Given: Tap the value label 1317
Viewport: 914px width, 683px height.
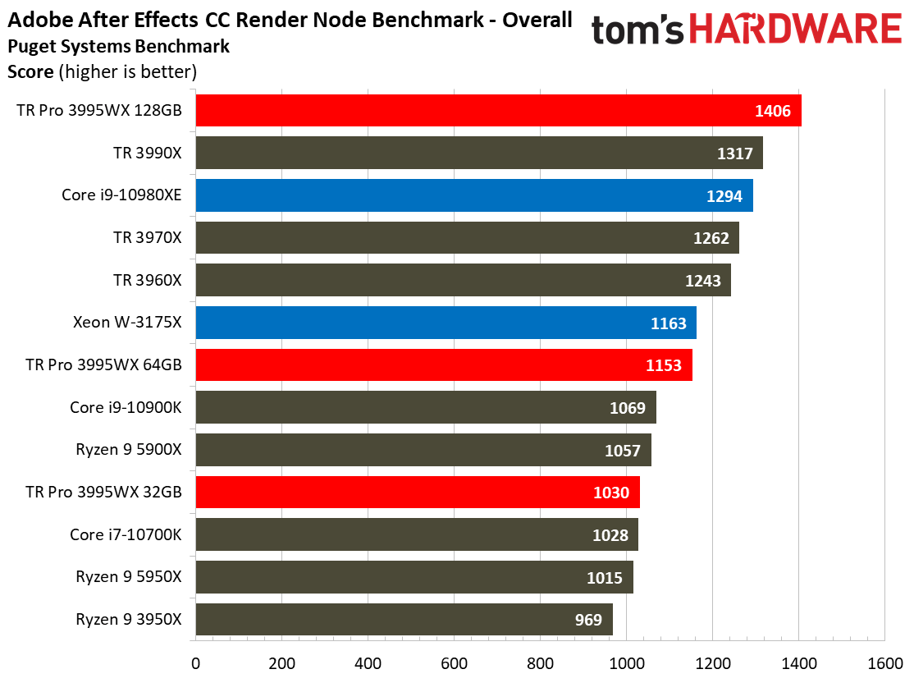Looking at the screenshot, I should (735, 154).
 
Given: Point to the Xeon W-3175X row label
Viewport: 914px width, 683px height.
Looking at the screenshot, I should (126, 323).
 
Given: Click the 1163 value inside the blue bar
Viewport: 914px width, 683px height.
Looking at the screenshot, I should (668, 323).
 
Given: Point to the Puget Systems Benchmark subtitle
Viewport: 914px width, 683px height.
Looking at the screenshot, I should (118, 47).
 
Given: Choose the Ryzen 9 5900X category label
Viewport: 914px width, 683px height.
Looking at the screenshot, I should (128, 450).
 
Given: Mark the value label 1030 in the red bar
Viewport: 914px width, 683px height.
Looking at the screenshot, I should (611, 493).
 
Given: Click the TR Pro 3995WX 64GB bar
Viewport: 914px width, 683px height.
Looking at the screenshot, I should (443, 365).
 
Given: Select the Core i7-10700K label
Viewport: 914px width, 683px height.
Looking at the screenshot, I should (126, 535).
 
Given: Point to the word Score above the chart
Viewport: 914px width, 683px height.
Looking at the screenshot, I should (30, 71).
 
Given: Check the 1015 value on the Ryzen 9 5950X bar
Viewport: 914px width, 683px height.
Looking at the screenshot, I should (606, 578).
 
